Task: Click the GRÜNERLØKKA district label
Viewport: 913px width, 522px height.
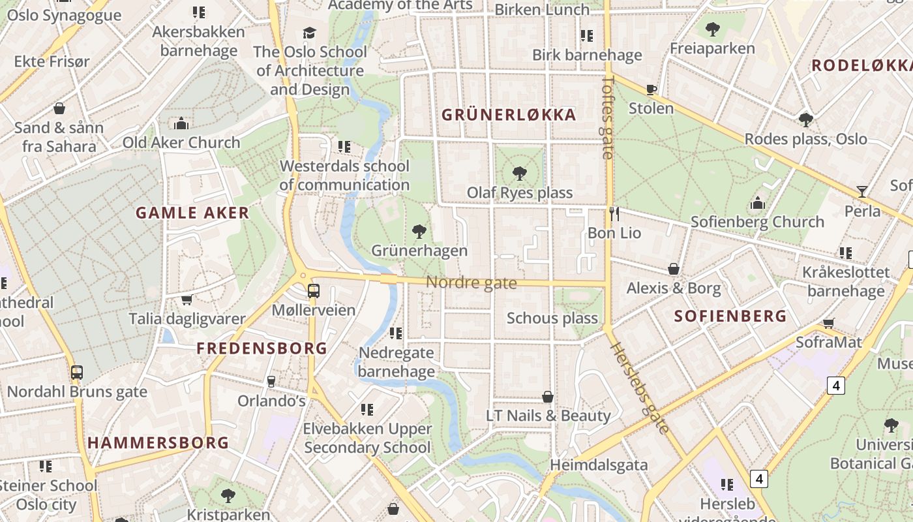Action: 509,115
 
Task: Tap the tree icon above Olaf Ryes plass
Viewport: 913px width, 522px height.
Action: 520,174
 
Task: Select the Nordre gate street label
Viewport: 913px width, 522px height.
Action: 471,283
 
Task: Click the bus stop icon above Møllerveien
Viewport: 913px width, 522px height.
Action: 314,290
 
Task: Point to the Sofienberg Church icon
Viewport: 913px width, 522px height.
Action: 757,203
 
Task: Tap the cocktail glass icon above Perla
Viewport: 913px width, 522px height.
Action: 862,192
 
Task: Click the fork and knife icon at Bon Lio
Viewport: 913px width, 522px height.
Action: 614,213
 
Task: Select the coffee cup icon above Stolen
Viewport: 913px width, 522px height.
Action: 651,89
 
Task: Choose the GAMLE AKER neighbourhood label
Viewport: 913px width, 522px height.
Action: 192,213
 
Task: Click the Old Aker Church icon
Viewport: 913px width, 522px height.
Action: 181,123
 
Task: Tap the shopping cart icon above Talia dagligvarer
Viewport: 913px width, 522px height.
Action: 187,299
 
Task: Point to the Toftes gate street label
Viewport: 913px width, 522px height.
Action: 608,117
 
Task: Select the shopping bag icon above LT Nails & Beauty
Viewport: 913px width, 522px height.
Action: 548,397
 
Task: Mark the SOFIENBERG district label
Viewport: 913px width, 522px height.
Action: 730,316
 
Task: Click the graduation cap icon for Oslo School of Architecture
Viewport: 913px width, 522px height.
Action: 310,33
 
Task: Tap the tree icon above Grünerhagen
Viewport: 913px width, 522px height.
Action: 419,231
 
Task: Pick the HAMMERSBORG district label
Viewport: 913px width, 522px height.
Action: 158,443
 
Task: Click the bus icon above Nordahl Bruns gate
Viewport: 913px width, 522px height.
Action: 77,373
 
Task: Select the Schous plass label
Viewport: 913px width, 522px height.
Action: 552,318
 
